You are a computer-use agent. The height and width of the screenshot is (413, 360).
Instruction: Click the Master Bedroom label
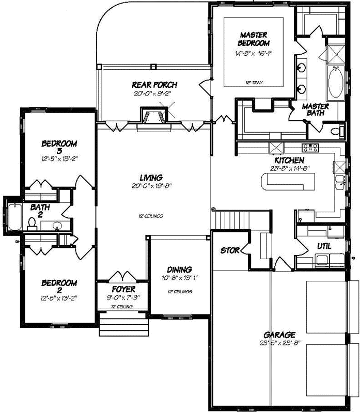(x=254, y=39)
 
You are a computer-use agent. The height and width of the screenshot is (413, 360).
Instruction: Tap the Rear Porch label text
(x=154, y=85)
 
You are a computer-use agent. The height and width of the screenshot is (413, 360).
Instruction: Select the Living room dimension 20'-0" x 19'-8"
(x=154, y=186)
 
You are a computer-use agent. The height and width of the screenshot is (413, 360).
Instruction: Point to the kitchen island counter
(x=289, y=181)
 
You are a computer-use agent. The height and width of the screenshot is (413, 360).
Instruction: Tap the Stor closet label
(x=230, y=251)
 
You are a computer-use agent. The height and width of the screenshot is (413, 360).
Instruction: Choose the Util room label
(x=324, y=247)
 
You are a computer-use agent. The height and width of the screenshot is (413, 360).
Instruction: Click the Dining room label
(x=179, y=269)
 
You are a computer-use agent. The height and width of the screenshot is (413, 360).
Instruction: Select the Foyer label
(x=123, y=289)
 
